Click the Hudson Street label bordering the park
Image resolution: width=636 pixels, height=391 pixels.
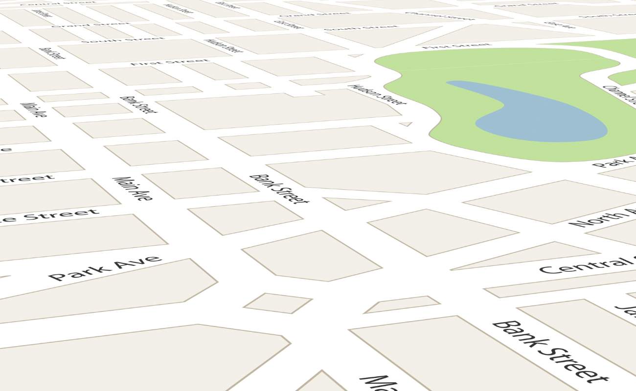[377, 95]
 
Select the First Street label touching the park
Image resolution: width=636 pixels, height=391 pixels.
[456, 46]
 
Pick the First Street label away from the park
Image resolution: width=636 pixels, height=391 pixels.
[169, 62]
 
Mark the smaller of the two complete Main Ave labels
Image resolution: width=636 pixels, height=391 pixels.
[34, 110]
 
